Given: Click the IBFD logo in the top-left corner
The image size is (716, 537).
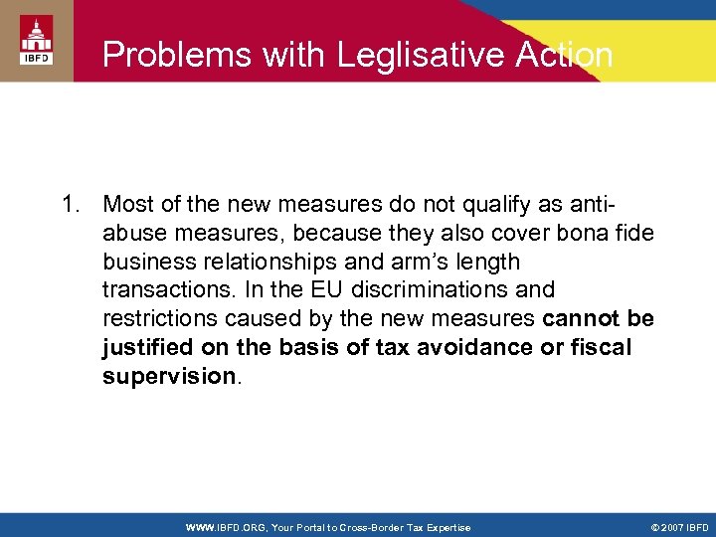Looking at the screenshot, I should pos(35,42).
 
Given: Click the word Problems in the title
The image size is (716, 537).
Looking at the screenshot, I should pos(164,54).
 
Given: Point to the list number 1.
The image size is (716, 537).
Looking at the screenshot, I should pos(69,205).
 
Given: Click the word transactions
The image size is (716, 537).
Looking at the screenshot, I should pos(161,291).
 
